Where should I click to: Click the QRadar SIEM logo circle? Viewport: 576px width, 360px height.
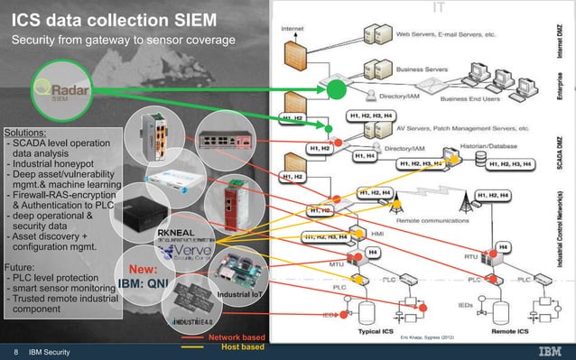click(55, 92)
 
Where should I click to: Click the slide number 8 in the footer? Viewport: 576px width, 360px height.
click(15, 351)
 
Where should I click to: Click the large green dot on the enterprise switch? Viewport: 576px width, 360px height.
click(336, 89)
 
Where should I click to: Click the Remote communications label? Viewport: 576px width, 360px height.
click(428, 219)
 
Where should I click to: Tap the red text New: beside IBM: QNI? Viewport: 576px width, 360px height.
click(144, 269)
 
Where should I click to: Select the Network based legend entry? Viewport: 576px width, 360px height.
click(237, 336)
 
